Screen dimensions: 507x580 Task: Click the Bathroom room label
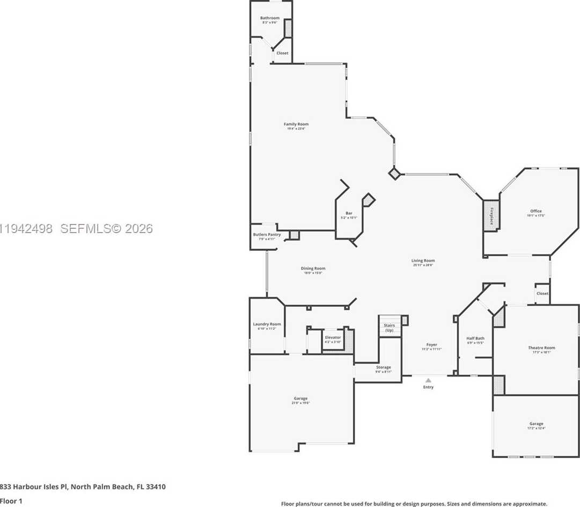[270, 18]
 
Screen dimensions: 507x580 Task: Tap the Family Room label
[296, 125]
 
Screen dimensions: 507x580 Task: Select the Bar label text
[349, 214]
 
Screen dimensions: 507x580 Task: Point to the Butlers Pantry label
[267, 235]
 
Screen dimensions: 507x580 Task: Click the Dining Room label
[313, 269]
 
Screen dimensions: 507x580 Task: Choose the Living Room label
[423, 261]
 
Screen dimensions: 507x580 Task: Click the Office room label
[535, 211]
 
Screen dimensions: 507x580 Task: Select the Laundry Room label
[267, 324]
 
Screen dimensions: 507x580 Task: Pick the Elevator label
[333, 337]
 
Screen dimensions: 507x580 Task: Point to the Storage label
[383, 367]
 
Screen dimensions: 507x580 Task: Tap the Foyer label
[431, 345]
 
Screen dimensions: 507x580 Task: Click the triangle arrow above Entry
[428, 380]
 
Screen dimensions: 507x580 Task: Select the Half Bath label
[475, 338]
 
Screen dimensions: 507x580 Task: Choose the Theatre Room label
[541, 348]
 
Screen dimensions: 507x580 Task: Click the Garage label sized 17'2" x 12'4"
[536, 424]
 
